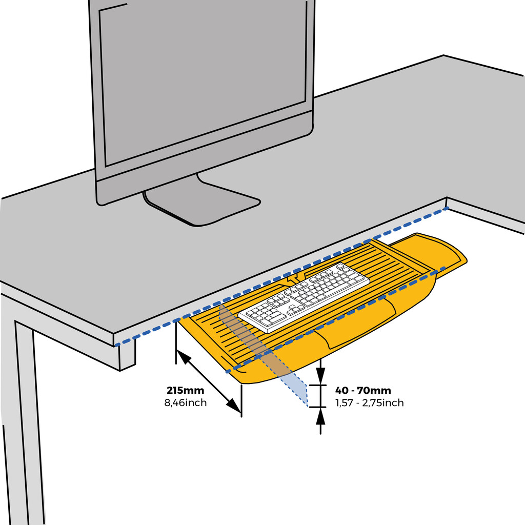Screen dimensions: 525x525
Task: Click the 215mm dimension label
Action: (185, 390)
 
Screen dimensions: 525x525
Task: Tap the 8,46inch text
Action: (185, 402)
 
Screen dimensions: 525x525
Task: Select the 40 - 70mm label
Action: (363, 390)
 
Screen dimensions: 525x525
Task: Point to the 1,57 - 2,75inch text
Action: (369, 402)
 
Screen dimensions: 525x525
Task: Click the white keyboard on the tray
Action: (304, 298)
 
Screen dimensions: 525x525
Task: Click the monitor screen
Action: (203, 82)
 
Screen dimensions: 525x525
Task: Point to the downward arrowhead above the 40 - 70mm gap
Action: (321, 376)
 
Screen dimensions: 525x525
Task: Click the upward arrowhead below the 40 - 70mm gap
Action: (321, 416)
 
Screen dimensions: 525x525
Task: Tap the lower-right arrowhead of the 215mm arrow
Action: (234, 406)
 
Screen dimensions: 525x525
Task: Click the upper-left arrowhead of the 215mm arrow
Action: (184, 357)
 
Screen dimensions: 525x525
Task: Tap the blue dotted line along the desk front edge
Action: (281, 276)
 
